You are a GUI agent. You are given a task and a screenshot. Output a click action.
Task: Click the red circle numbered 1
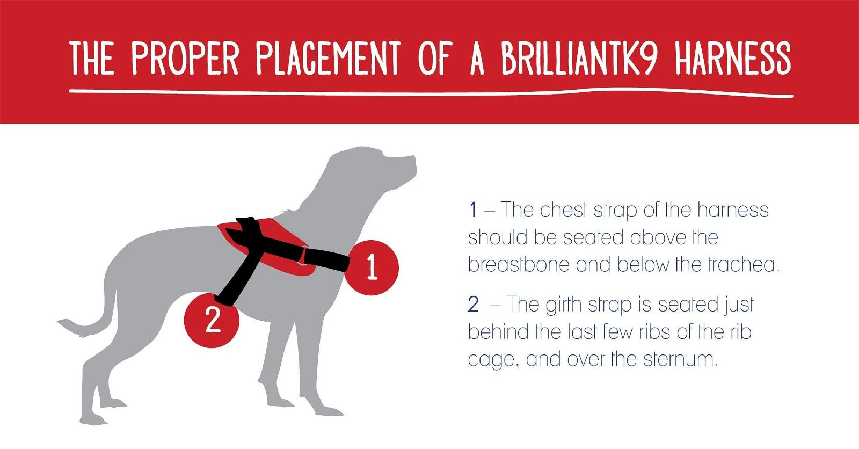coord(372,267)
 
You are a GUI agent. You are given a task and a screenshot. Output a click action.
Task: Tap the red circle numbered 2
coord(212,320)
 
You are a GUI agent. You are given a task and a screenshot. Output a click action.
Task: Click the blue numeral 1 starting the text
coord(472,210)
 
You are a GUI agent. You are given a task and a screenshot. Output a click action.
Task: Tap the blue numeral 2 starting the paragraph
coord(473,305)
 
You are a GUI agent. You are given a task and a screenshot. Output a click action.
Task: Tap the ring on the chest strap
coord(303,256)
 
